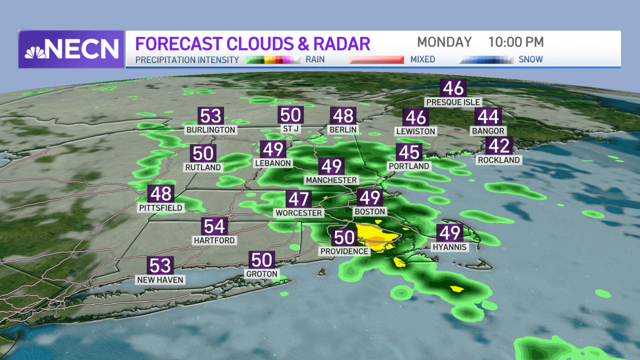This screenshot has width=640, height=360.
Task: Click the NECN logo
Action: coord(71,49)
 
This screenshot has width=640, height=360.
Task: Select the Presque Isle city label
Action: coord(453,102)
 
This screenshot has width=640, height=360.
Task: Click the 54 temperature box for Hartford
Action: coord(214,227)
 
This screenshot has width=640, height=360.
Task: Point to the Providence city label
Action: coord(344,251)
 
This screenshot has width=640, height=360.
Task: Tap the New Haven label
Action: coord(161,279)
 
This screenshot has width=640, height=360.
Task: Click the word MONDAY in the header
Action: coord(444,42)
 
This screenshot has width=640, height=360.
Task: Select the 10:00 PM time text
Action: coord(516,42)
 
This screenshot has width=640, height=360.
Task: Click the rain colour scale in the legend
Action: coord(273,59)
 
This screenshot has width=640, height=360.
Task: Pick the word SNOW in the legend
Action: coord(531,59)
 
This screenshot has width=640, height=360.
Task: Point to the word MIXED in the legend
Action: coord(422,59)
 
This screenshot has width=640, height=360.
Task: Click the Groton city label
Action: coord(262,274)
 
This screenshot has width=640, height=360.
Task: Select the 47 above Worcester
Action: coord(299,199)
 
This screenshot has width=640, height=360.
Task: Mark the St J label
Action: coord(291,129)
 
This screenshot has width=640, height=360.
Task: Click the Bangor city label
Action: coord(488,130)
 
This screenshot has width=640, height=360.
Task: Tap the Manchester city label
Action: coord(331,180)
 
